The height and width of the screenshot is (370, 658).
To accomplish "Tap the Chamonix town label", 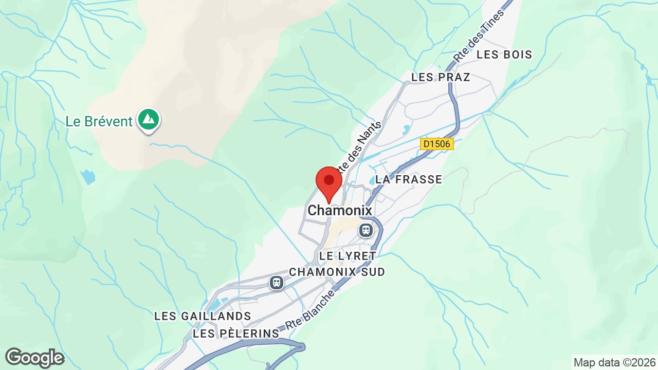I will coord(339,211).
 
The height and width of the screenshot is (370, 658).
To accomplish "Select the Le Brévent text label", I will coord(99,122).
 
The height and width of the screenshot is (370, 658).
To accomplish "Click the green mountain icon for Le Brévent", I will coord(149,119).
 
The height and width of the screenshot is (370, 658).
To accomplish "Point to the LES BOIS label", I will coord(504,54).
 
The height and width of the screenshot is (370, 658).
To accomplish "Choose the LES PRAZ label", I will coord(441,77).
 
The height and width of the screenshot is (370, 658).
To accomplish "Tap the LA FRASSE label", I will coord(409,179).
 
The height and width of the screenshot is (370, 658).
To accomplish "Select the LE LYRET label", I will coord(348,255).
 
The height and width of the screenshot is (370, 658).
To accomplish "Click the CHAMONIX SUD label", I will coord(337,272).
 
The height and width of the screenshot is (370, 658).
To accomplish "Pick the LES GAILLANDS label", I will coord(203,316).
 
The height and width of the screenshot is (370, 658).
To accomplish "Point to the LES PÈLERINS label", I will coord(236,334).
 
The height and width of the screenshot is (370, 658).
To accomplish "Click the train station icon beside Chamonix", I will coord(365,230).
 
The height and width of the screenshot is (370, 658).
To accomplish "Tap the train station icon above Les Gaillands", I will coord(277,282).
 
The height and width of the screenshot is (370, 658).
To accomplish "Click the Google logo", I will coord(34,358).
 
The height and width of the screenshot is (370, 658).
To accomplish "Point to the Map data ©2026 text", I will coord(614,362).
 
